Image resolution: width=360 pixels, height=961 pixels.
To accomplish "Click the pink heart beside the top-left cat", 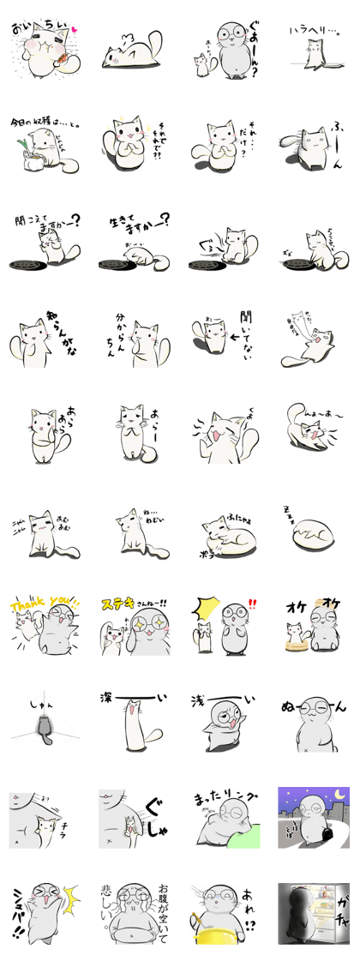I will pos(75,28).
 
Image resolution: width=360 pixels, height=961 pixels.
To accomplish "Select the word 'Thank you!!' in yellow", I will pos(44,603).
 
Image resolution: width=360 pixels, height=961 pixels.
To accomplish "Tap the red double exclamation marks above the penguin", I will pos(252,603).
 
